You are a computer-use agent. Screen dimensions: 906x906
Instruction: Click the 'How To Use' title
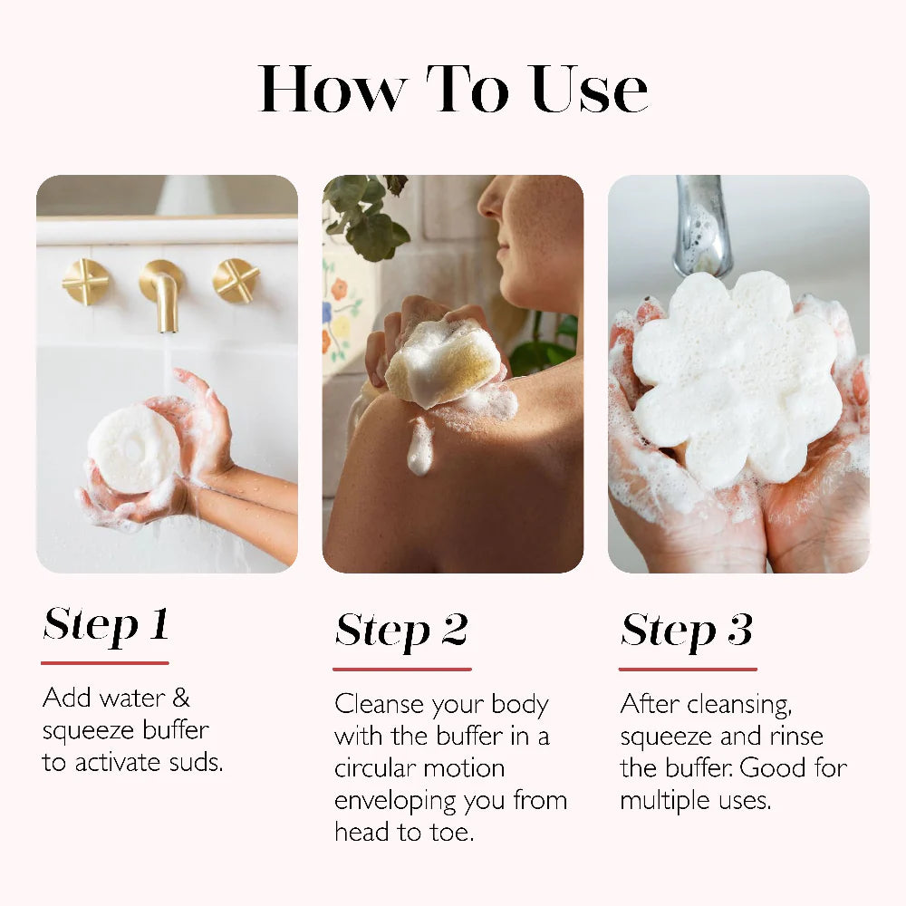pos(453,89)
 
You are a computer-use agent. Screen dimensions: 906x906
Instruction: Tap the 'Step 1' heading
pos(106,624)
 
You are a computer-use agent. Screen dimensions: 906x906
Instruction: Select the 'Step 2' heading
pos(401,630)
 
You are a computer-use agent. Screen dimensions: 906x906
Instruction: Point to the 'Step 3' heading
pos(687,630)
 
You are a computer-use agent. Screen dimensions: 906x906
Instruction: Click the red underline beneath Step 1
pos(105,663)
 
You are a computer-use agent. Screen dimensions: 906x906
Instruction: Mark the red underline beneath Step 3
pos(688,670)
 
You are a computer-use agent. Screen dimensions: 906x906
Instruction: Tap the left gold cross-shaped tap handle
pos(86,282)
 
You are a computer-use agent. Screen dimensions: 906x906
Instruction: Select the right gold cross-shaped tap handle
pos(236,281)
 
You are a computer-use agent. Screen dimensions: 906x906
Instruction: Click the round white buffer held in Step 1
pos(133,448)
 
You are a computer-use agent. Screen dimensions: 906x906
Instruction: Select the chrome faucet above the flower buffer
pos(704,226)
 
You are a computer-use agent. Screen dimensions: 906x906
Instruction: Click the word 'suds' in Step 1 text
pos(195,762)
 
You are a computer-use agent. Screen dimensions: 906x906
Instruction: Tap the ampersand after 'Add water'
pos(181,698)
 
